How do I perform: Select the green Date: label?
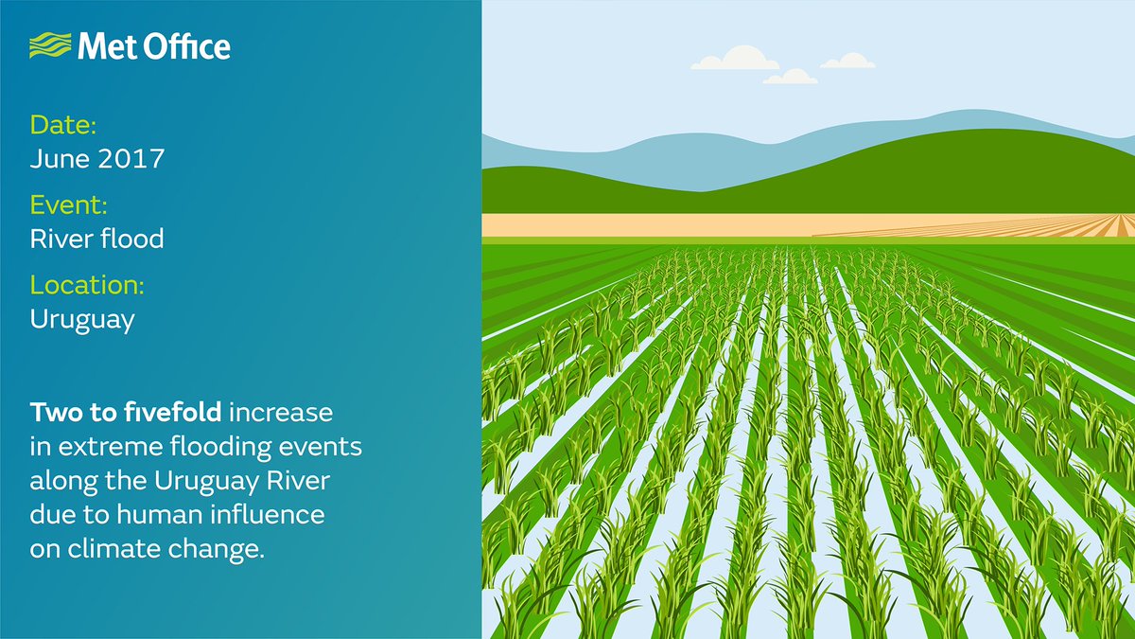63,125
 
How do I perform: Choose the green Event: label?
68,205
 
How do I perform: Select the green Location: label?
87,286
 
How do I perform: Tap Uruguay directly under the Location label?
82,319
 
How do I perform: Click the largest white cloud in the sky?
735,60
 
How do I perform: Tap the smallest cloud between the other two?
790,77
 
